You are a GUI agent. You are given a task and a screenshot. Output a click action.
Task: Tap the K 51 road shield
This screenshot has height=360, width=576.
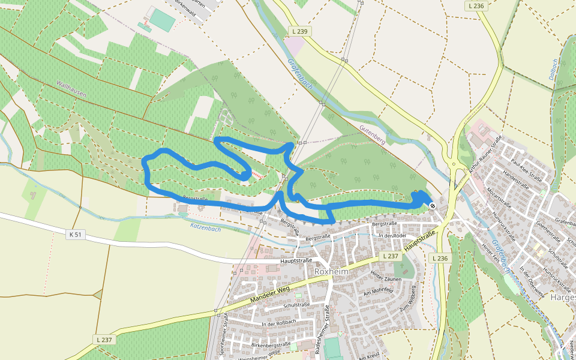pyautogui.click(x=75, y=235)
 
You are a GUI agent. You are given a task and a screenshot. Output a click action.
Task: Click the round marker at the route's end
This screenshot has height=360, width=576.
pyautogui.click(x=433, y=206)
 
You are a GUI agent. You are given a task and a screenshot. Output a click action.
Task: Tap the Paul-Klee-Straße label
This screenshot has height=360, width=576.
pyautogui.click(x=524, y=170)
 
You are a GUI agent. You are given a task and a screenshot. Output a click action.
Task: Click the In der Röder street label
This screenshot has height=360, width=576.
pyautogui.click(x=393, y=236)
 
